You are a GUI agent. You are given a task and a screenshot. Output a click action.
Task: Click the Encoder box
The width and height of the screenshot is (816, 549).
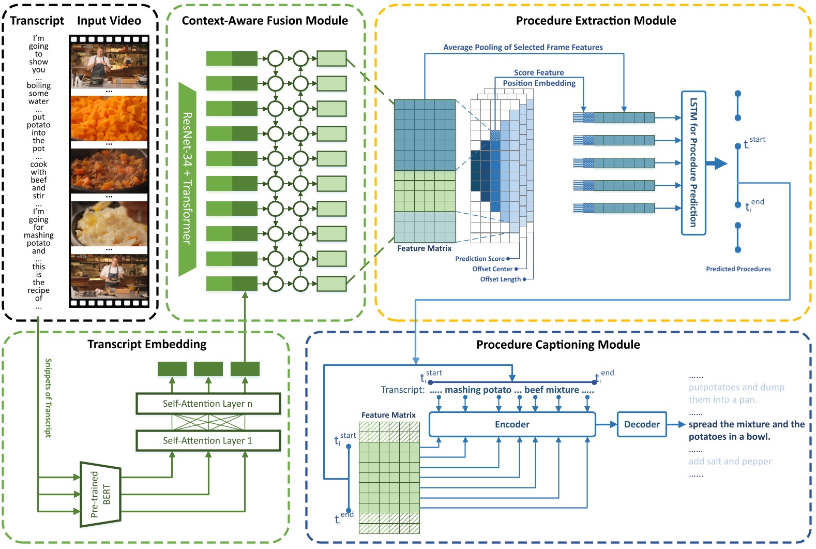coord(512,424)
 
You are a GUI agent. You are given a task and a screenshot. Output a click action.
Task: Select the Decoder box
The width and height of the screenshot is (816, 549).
coord(642,424)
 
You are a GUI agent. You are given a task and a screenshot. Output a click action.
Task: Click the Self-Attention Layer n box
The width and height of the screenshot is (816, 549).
coord(208,404)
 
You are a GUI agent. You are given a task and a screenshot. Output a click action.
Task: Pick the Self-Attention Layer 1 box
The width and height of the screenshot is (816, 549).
coord(208,440)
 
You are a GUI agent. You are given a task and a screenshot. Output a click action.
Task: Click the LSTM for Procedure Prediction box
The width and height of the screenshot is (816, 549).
coord(693,163)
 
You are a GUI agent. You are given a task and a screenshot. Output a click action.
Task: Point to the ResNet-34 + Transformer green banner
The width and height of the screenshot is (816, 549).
coord(187,179)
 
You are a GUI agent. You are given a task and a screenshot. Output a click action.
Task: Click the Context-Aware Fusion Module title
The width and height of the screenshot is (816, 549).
coord(265,21)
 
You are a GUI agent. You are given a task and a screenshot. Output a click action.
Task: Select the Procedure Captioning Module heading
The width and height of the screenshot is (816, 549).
coord(558,345)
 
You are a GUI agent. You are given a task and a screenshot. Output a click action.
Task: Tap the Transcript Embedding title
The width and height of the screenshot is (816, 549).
coord(147,344)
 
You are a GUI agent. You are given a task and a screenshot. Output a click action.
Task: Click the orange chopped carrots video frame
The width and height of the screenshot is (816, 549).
coord(109,118)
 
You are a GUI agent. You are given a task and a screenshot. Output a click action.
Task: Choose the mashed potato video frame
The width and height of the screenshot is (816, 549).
coord(109,224)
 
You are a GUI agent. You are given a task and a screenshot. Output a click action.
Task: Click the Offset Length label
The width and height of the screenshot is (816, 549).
coord(500,279)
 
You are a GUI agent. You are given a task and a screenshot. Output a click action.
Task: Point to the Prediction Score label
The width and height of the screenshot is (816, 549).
coord(479,259)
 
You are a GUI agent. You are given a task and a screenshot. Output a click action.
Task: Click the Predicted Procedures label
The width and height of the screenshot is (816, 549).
coord(738,269)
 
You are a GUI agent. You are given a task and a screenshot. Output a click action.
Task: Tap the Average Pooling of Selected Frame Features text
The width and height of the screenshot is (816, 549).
coord(523,47)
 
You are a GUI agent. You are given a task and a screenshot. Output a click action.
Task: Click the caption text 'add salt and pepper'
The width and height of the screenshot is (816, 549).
coord(730,461)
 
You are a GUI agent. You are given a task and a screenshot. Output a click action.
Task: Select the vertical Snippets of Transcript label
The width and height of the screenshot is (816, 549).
coord(48,397)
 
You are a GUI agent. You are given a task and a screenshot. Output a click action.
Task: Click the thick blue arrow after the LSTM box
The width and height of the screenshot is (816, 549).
coord(717,164)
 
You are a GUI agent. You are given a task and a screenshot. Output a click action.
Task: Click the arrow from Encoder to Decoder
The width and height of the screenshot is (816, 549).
coord(607,424)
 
